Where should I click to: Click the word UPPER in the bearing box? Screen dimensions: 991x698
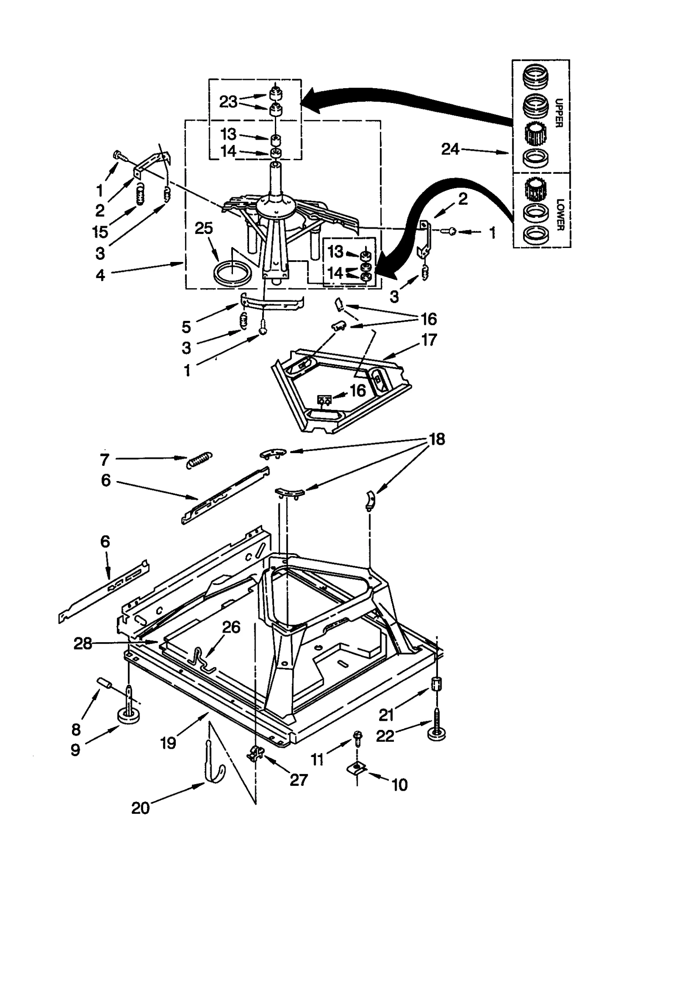coord(559,113)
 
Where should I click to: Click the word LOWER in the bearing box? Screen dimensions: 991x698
coord(560,214)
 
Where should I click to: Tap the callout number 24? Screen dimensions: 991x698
coord(450,150)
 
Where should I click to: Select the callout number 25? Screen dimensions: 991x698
coord(204,228)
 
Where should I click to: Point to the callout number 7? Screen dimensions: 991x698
coord(105,459)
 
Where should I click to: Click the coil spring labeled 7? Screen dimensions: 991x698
coord(199,459)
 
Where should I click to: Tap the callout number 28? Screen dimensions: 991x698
coord(83,643)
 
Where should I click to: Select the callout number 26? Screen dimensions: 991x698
coord(231,627)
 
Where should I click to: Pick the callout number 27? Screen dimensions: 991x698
coord(299,780)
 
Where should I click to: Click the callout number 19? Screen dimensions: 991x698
coord(168,743)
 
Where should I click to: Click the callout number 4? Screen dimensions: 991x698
coord(100,275)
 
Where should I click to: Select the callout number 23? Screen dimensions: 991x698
coord(228,102)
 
